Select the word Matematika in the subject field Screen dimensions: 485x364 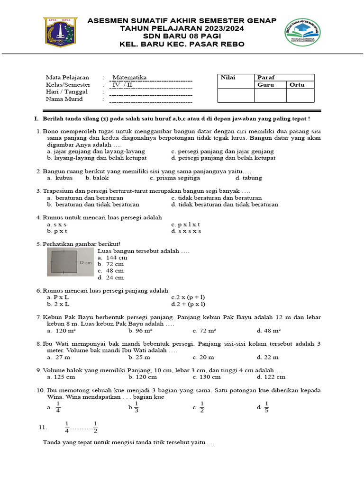point(129,77)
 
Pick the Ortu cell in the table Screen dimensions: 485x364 point(297,85)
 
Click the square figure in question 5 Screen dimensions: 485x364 point(64,262)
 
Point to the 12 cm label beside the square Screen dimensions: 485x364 point(85,262)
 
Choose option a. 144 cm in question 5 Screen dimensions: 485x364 point(112,258)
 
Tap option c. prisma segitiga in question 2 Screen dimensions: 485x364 point(174,178)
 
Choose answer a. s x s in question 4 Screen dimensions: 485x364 point(57,225)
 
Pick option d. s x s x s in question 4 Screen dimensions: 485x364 point(186,231)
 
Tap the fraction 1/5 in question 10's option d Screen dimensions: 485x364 point(266,407)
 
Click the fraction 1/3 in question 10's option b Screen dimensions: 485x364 point(136,407)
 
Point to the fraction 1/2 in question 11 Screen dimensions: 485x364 point(95,427)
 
